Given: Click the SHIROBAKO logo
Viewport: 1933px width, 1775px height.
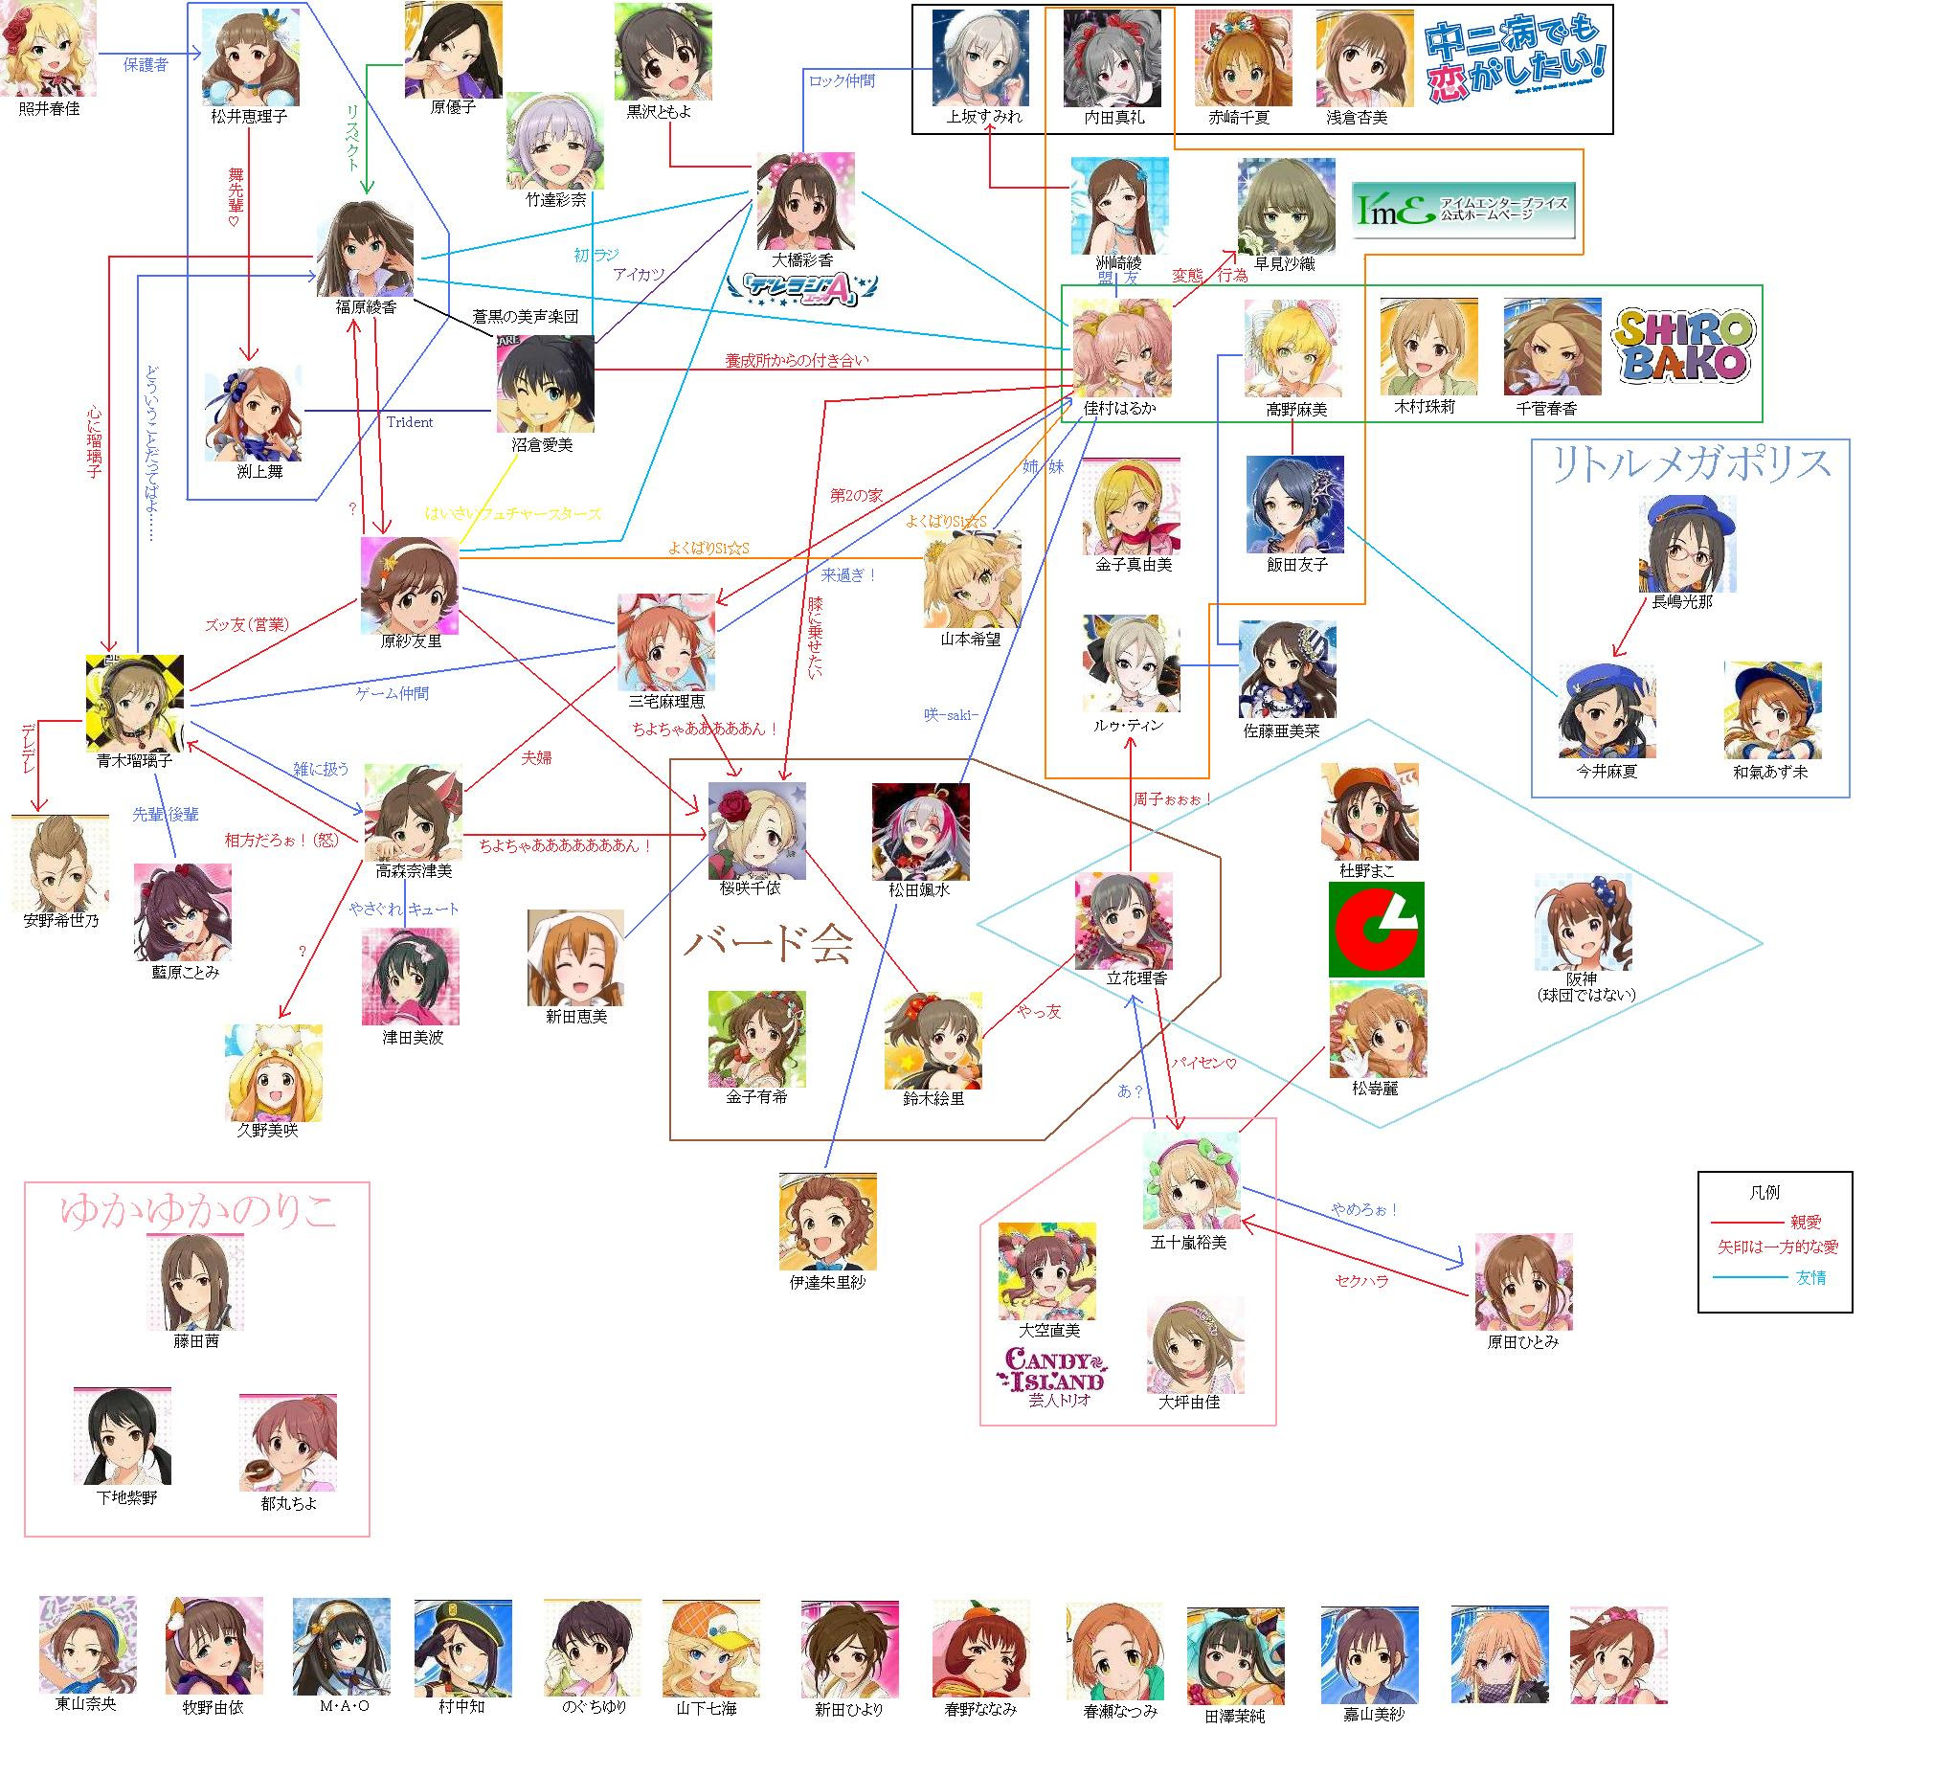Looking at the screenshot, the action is [x=1685, y=347].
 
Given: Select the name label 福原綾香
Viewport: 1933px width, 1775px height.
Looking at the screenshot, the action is [x=366, y=307].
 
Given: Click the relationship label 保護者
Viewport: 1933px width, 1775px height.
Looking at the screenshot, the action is [x=145, y=65].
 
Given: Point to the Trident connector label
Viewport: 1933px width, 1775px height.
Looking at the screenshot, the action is [x=410, y=421].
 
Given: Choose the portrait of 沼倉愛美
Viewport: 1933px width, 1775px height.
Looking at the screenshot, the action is [x=545, y=383].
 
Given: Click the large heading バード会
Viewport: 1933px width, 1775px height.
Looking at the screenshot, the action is [x=768, y=944].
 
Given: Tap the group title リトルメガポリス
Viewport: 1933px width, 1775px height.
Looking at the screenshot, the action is [x=1691, y=465].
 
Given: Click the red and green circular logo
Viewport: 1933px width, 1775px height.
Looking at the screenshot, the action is [x=1375, y=930].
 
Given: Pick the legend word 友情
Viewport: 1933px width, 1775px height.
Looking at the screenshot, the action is [x=1811, y=1277].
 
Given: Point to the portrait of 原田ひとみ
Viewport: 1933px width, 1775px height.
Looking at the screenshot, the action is [x=1523, y=1282].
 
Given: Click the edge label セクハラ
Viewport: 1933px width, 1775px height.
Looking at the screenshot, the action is [x=1361, y=1281].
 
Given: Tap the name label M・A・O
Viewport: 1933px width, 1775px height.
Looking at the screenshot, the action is [x=344, y=1705].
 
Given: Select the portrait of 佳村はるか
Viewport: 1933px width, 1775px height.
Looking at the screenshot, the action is [x=1120, y=348].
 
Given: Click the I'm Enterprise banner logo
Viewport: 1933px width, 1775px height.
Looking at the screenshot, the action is [x=1464, y=210].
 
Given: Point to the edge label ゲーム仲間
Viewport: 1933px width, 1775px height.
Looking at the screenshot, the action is [x=393, y=693].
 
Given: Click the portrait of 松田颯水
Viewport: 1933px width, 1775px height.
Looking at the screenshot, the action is [x=920, y=831].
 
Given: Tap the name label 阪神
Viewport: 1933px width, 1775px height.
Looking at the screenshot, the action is [x=1582, y=978].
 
